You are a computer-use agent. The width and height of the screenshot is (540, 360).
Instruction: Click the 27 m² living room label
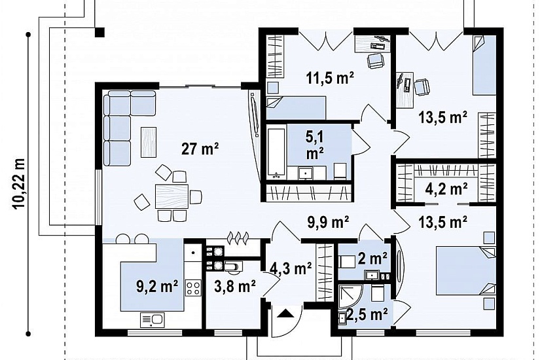200,149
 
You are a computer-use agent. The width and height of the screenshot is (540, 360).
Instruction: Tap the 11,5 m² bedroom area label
330,78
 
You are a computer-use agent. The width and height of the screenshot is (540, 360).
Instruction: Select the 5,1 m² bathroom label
314,146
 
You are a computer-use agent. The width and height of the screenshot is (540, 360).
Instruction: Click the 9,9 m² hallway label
328,222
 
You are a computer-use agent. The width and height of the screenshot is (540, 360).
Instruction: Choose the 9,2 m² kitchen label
157,286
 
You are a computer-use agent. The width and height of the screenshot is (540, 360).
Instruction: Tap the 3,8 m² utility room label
234,286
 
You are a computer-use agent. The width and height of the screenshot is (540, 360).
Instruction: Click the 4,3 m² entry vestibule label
291,268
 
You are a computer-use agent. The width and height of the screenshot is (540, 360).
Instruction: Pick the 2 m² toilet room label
372,258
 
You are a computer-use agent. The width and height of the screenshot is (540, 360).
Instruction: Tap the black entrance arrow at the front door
285,314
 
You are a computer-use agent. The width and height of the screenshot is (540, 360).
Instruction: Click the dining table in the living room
172,196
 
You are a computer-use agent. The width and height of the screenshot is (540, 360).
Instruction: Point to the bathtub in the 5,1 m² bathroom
276,153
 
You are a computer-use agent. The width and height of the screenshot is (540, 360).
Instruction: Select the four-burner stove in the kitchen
193,288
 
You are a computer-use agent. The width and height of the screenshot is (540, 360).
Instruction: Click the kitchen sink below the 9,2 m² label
152,320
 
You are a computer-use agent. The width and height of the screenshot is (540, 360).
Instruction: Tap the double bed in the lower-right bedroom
466,270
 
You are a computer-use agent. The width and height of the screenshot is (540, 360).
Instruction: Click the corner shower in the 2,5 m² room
350,296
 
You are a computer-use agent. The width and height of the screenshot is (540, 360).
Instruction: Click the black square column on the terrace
99,32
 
